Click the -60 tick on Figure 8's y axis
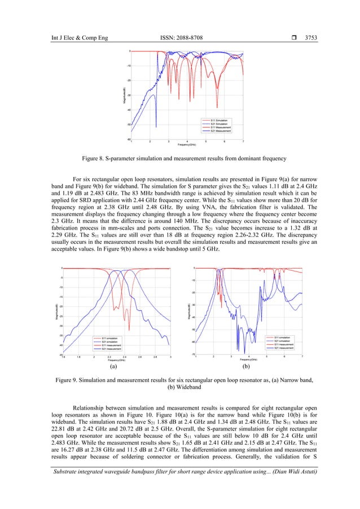click(x=128, y=139)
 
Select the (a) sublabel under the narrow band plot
click(x=113, y=366)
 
